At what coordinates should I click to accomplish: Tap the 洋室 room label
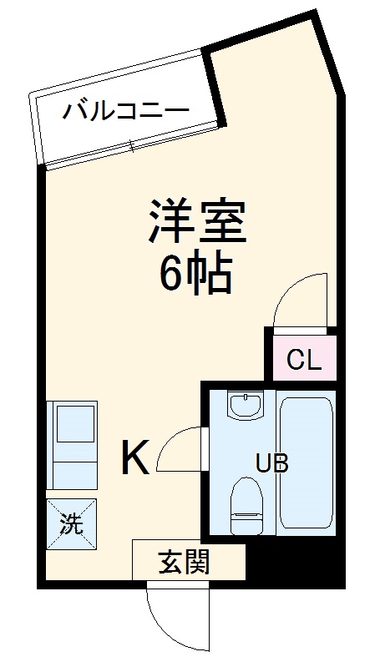197,221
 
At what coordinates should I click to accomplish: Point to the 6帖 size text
195,274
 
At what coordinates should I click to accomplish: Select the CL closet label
303,361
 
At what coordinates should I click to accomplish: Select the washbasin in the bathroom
245,407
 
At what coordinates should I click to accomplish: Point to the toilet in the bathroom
245,507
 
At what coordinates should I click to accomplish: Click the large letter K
135,457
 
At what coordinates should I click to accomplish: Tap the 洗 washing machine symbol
71,524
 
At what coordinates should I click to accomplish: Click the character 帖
210,274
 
